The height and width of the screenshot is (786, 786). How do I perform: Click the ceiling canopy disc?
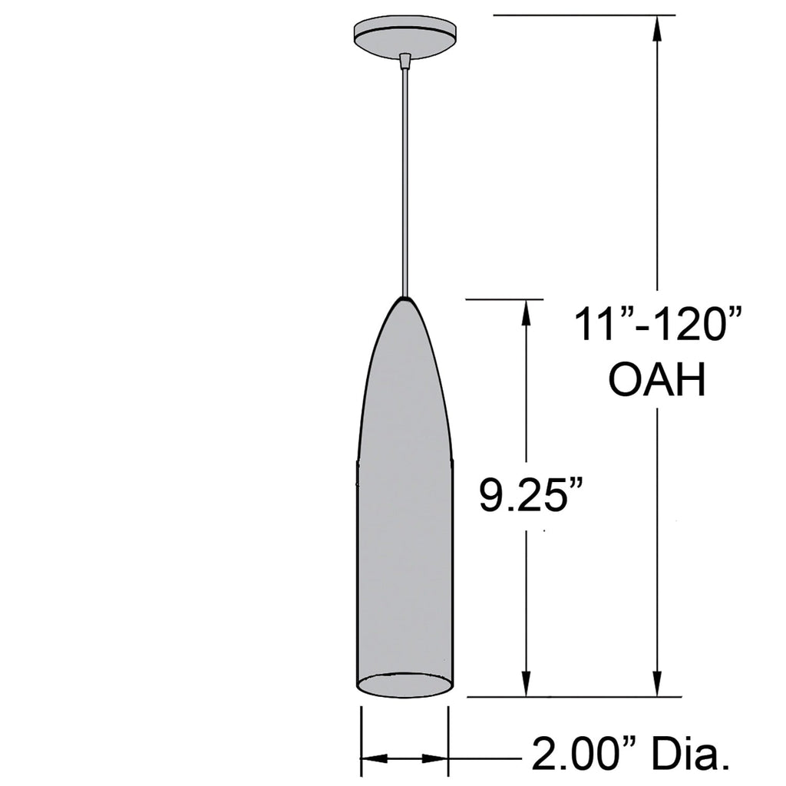[405, 35]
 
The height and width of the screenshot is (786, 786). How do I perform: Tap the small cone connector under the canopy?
[405, 59]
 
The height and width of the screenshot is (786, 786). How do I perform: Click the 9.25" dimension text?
[530, 497]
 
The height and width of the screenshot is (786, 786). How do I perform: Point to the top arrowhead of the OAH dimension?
[657, 27]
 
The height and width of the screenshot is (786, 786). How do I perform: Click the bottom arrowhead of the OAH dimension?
[657, 685]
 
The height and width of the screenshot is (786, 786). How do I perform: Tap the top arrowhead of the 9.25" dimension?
[525, 311]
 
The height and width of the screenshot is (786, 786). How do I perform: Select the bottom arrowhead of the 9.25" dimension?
[525, 685]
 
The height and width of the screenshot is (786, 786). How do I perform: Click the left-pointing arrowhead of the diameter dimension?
[373, 758]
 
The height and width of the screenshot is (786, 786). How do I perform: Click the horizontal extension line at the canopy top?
[583, 15]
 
